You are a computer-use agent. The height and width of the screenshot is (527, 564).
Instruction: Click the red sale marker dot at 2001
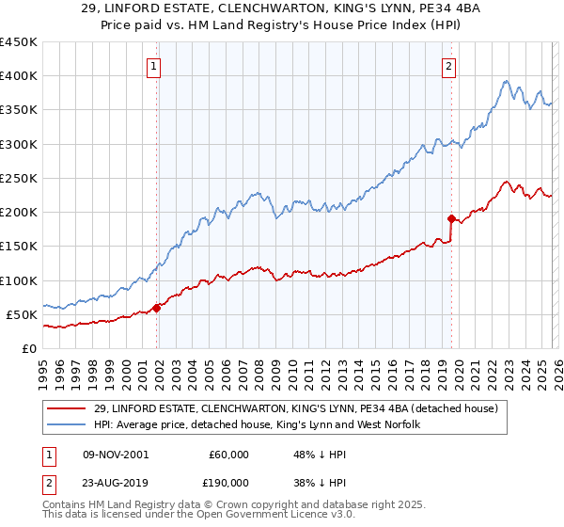[157, 307]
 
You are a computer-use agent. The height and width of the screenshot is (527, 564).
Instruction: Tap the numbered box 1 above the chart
[153, 66]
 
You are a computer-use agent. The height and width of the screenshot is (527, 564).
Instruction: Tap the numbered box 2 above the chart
[449, 66]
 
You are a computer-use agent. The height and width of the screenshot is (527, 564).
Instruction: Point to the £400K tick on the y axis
[19, 76]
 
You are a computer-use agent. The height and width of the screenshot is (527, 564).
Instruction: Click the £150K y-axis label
[19, 247]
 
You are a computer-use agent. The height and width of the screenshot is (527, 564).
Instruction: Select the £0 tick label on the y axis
[28, 348]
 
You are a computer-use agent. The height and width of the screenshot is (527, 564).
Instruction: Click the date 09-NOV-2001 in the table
[116, 455]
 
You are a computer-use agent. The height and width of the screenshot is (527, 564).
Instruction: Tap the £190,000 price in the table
[229, 482]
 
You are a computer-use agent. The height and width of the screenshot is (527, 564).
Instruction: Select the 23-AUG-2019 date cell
[116, 482]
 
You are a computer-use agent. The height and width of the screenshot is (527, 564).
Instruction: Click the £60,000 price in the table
[229, 455]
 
